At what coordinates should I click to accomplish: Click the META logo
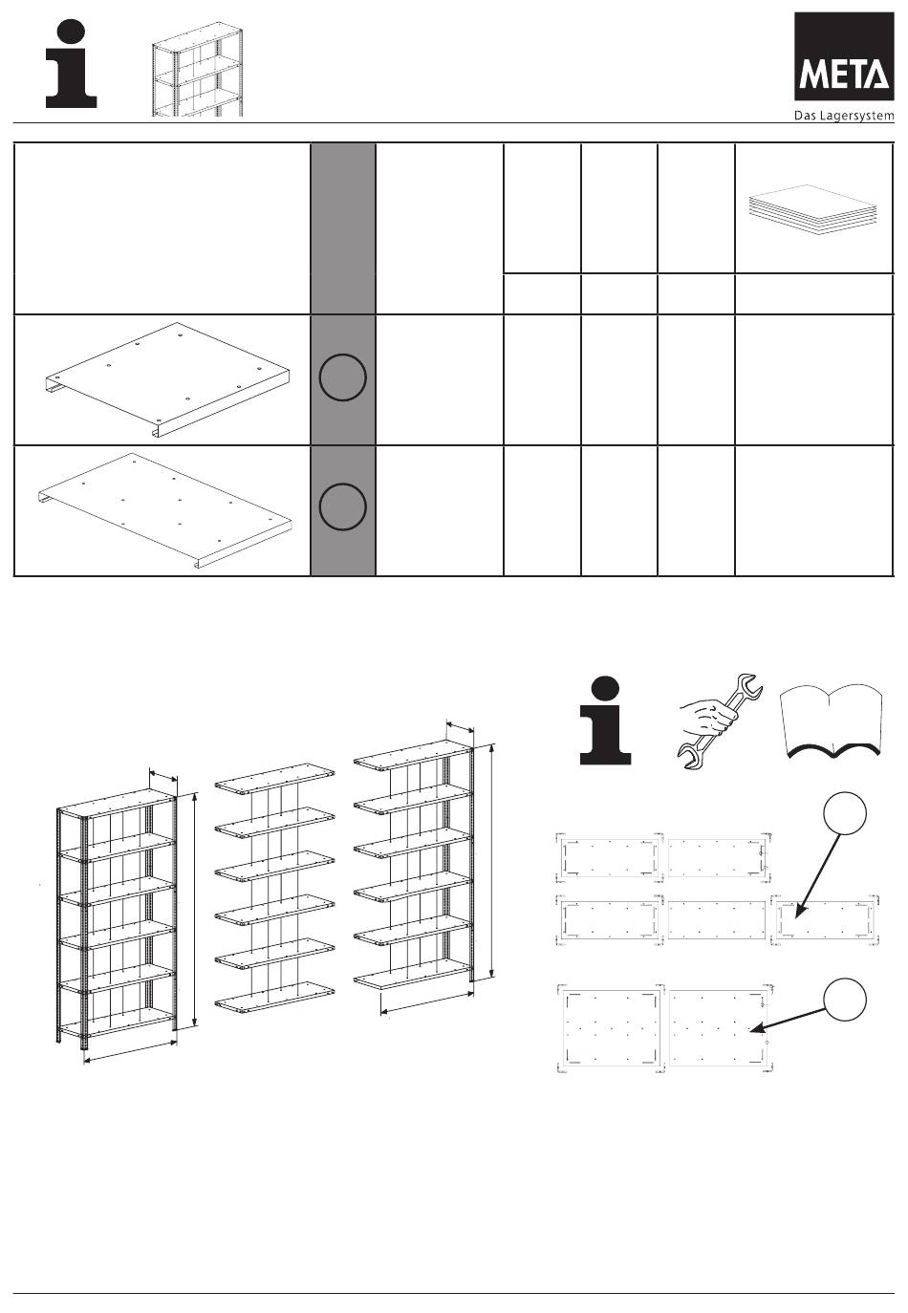(x=844, y=56)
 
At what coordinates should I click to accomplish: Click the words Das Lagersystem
(x=844, y=116)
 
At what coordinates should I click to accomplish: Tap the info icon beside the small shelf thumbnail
(x=71, y=64)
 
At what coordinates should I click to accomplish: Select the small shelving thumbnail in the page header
(x=198, y=71)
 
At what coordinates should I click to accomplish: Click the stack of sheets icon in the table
(x=814, y=204)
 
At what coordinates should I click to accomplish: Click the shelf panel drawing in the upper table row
(x=168, y=379)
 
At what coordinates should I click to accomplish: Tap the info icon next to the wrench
(x=606, y=721)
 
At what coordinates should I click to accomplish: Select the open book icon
(x=832, y=724)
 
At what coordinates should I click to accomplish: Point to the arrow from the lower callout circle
(x=788, y=1020)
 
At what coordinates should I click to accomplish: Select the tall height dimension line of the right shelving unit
(x=492, y=861)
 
